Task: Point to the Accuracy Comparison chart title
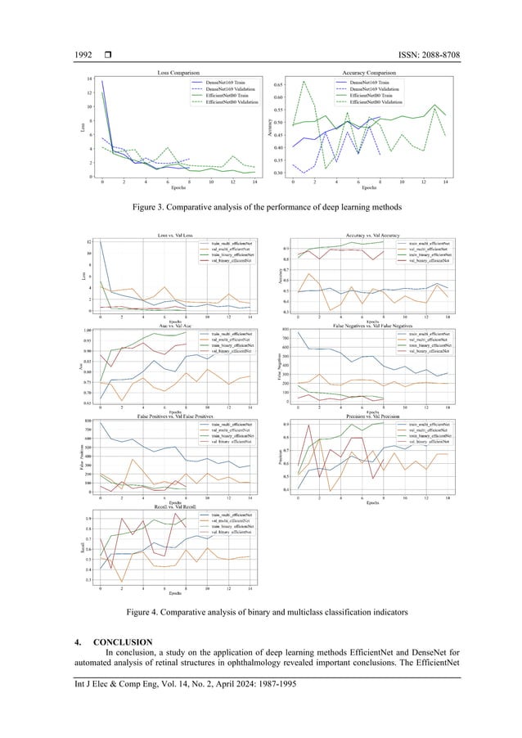(x=372, y=74)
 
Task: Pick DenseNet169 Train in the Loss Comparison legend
(x=223, y=83)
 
